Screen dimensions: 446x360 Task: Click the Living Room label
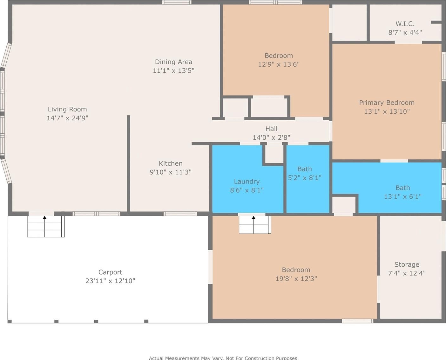pos(67,110)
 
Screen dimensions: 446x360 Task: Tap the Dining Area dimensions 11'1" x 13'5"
pos(173,70)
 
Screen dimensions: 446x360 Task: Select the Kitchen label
pos(171,163)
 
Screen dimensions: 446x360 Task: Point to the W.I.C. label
pos(405,24)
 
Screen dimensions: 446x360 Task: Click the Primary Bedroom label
pos(387,103)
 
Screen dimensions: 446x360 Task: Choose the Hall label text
pos(271,129)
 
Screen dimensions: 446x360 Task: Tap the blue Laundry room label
pos(247,182)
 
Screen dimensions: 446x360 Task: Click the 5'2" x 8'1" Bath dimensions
pos(305,178)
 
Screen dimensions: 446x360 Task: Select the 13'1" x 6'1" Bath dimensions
pos(403,197)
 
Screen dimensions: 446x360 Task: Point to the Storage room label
pos(407,265)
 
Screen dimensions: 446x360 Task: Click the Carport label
pos(110,272)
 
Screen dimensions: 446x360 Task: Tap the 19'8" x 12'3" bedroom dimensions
pos(296,279)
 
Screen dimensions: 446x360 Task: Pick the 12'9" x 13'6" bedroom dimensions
pos(279,64)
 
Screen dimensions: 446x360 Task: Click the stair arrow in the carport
pos(44,227)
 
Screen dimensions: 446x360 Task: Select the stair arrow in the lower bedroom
pos(253,225)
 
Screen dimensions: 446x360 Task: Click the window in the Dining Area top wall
pos(177,2)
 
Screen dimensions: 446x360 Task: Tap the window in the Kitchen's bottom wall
pos(180,214)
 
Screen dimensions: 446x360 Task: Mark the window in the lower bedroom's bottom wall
pos(358,321)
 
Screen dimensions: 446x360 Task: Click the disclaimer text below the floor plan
pos(223,358)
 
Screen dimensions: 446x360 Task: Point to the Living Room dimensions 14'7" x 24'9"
pos(67,118)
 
